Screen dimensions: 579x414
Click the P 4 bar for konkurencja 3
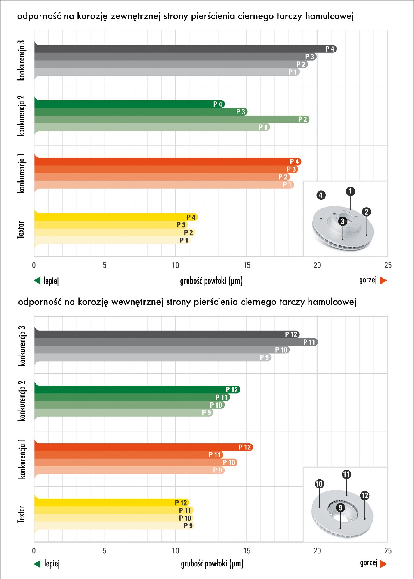point(185,49)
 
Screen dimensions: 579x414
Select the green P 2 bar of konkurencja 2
point(172,119)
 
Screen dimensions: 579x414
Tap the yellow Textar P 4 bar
point(116,217)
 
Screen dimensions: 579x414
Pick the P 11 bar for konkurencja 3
point(176,342)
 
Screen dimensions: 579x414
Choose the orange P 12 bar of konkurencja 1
point(144,447)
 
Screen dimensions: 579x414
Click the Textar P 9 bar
point(114,526)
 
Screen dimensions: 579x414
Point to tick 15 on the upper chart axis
point(247,265)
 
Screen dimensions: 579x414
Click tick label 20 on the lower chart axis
point(317,551)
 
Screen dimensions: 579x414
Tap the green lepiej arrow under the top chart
point(37,281)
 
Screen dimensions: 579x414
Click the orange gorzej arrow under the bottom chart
point(383,564)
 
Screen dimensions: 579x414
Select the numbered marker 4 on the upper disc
point(321,195)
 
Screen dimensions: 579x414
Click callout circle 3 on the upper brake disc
point(343,221)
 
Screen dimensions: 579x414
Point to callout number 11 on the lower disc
point(346,474)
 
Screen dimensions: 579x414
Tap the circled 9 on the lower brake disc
point(340,508)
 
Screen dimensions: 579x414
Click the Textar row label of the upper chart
point(20,230)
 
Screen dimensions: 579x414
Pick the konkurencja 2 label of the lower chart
point(22,401)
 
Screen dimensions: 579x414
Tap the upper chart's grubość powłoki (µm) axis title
point(211,281)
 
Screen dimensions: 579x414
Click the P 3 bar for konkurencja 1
point(166,169)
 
